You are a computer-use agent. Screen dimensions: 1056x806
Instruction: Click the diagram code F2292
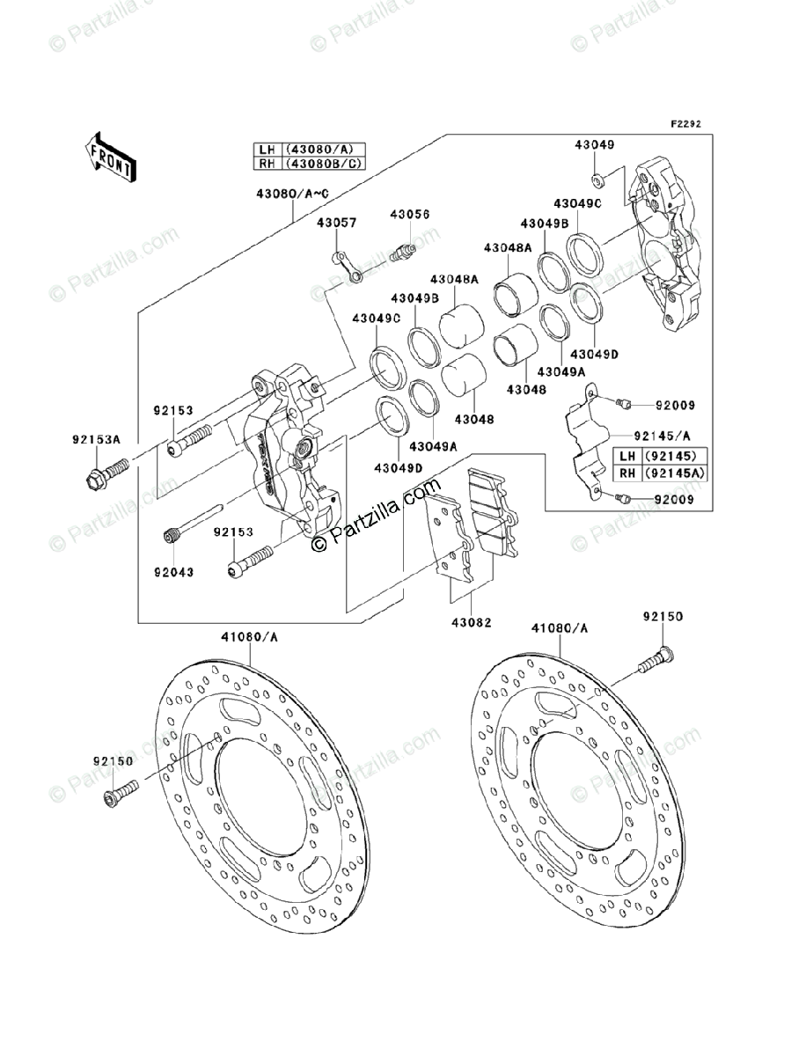pos(687,124)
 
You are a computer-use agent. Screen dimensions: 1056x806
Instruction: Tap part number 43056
pos(410,215)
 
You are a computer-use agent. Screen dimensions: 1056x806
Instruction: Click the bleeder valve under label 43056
pos(405,253)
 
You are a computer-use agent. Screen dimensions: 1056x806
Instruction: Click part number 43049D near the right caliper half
pos(594,354)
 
